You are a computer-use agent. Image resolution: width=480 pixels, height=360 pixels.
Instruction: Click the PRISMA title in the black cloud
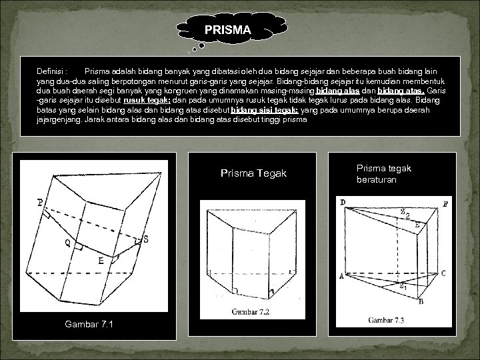coord(227,30)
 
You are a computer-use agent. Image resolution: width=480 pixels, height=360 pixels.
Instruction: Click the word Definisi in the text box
coord(51,70)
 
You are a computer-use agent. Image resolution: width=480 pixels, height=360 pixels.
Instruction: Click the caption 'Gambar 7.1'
coord(89,324)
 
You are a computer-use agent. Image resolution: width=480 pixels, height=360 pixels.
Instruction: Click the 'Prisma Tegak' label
coord(253,173)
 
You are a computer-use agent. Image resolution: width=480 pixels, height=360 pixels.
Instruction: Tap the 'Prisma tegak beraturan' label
coord(384,174)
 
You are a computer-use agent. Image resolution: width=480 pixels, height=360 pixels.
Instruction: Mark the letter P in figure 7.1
coord(41,203)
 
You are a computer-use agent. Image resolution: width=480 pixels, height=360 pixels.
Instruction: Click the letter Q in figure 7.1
coord(68,243)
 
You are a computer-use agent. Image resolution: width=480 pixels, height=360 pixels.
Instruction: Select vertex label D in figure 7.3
coord(342,202)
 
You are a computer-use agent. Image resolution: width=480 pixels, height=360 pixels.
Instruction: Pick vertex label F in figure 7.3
coord(445,203)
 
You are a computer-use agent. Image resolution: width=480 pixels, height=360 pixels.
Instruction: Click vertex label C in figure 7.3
coord(443,273)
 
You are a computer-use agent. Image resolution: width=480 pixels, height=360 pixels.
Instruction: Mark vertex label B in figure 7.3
coord(420,302)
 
